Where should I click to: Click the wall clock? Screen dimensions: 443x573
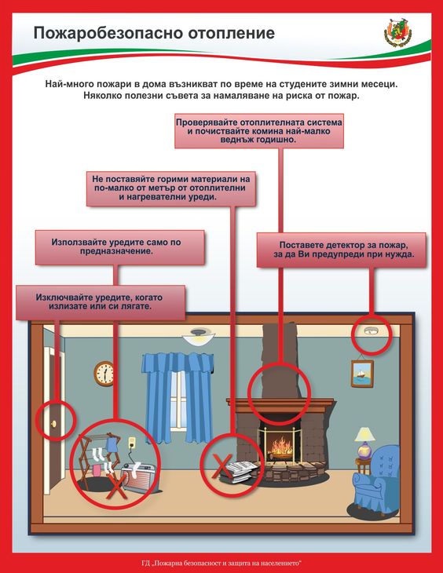click(x=104, y=374)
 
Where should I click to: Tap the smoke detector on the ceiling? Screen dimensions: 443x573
click(x=371, y=330)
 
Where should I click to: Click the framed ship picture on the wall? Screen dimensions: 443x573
click(x=362, y=374)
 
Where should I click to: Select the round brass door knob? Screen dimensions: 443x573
click(x=53, y=424)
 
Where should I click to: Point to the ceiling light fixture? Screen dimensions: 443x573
click(x=197, y=336)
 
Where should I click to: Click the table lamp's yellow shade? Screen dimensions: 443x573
click(x=364, y=435)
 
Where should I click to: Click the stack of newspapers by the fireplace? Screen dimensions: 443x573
click(x=239, y=471)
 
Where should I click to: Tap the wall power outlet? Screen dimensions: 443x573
click(x=131, y=443)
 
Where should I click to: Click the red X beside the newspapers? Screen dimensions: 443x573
click(x=222, y=466)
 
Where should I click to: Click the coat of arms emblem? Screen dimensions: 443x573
click(x=397, y=32)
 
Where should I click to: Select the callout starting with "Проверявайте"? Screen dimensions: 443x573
click(x=259, y=131)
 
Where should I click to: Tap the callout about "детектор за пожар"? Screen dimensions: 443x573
click(x=342, y=250)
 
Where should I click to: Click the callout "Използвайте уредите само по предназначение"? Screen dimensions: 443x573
click(x=119, y=247)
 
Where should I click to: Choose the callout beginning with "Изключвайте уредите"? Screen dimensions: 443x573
click(x=101, y=302)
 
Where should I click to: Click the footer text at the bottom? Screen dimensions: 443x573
click(x=222, y=563)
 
